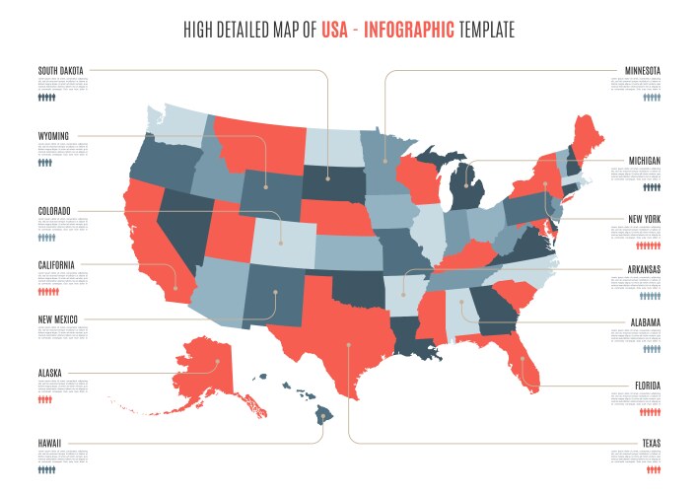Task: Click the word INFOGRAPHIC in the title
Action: [409, 31]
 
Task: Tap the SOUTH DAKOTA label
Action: [61, 70]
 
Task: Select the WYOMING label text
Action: [54, 134]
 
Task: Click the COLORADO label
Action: [56, 210]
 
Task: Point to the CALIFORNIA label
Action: [57, 264]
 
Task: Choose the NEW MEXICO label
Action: [58, 319]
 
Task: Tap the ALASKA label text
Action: [50, 373]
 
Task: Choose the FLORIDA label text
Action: [646, 386]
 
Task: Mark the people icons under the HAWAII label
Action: [46, 470]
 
